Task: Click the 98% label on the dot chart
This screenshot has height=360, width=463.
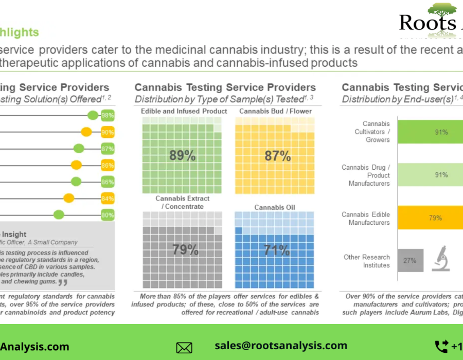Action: point(108,115)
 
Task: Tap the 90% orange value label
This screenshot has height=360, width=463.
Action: point(108,132)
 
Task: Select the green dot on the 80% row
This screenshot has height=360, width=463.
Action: point(59,215)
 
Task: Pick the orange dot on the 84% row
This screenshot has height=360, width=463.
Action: point(68,198)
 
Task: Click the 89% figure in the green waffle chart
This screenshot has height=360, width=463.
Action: point(183,155)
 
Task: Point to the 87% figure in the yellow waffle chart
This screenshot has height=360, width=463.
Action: point(277,155)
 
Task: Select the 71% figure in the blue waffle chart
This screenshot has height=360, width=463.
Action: point(277,250)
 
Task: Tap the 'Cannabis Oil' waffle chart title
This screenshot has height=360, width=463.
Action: point(275,207)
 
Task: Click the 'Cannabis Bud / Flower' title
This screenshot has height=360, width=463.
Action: point(275,111)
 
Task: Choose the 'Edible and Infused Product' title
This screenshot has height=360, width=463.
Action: point(184,111)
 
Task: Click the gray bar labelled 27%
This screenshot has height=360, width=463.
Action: point(411,261)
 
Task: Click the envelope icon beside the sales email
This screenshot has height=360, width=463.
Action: point(184,348)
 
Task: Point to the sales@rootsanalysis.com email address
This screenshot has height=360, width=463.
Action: point(281,346)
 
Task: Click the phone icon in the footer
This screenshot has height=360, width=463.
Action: point(441,346)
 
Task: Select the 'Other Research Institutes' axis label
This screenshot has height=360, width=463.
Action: point(367,261)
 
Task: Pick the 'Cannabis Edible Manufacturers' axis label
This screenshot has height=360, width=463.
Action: point(366,219)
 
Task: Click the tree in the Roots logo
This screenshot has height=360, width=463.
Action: point(441,9)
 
